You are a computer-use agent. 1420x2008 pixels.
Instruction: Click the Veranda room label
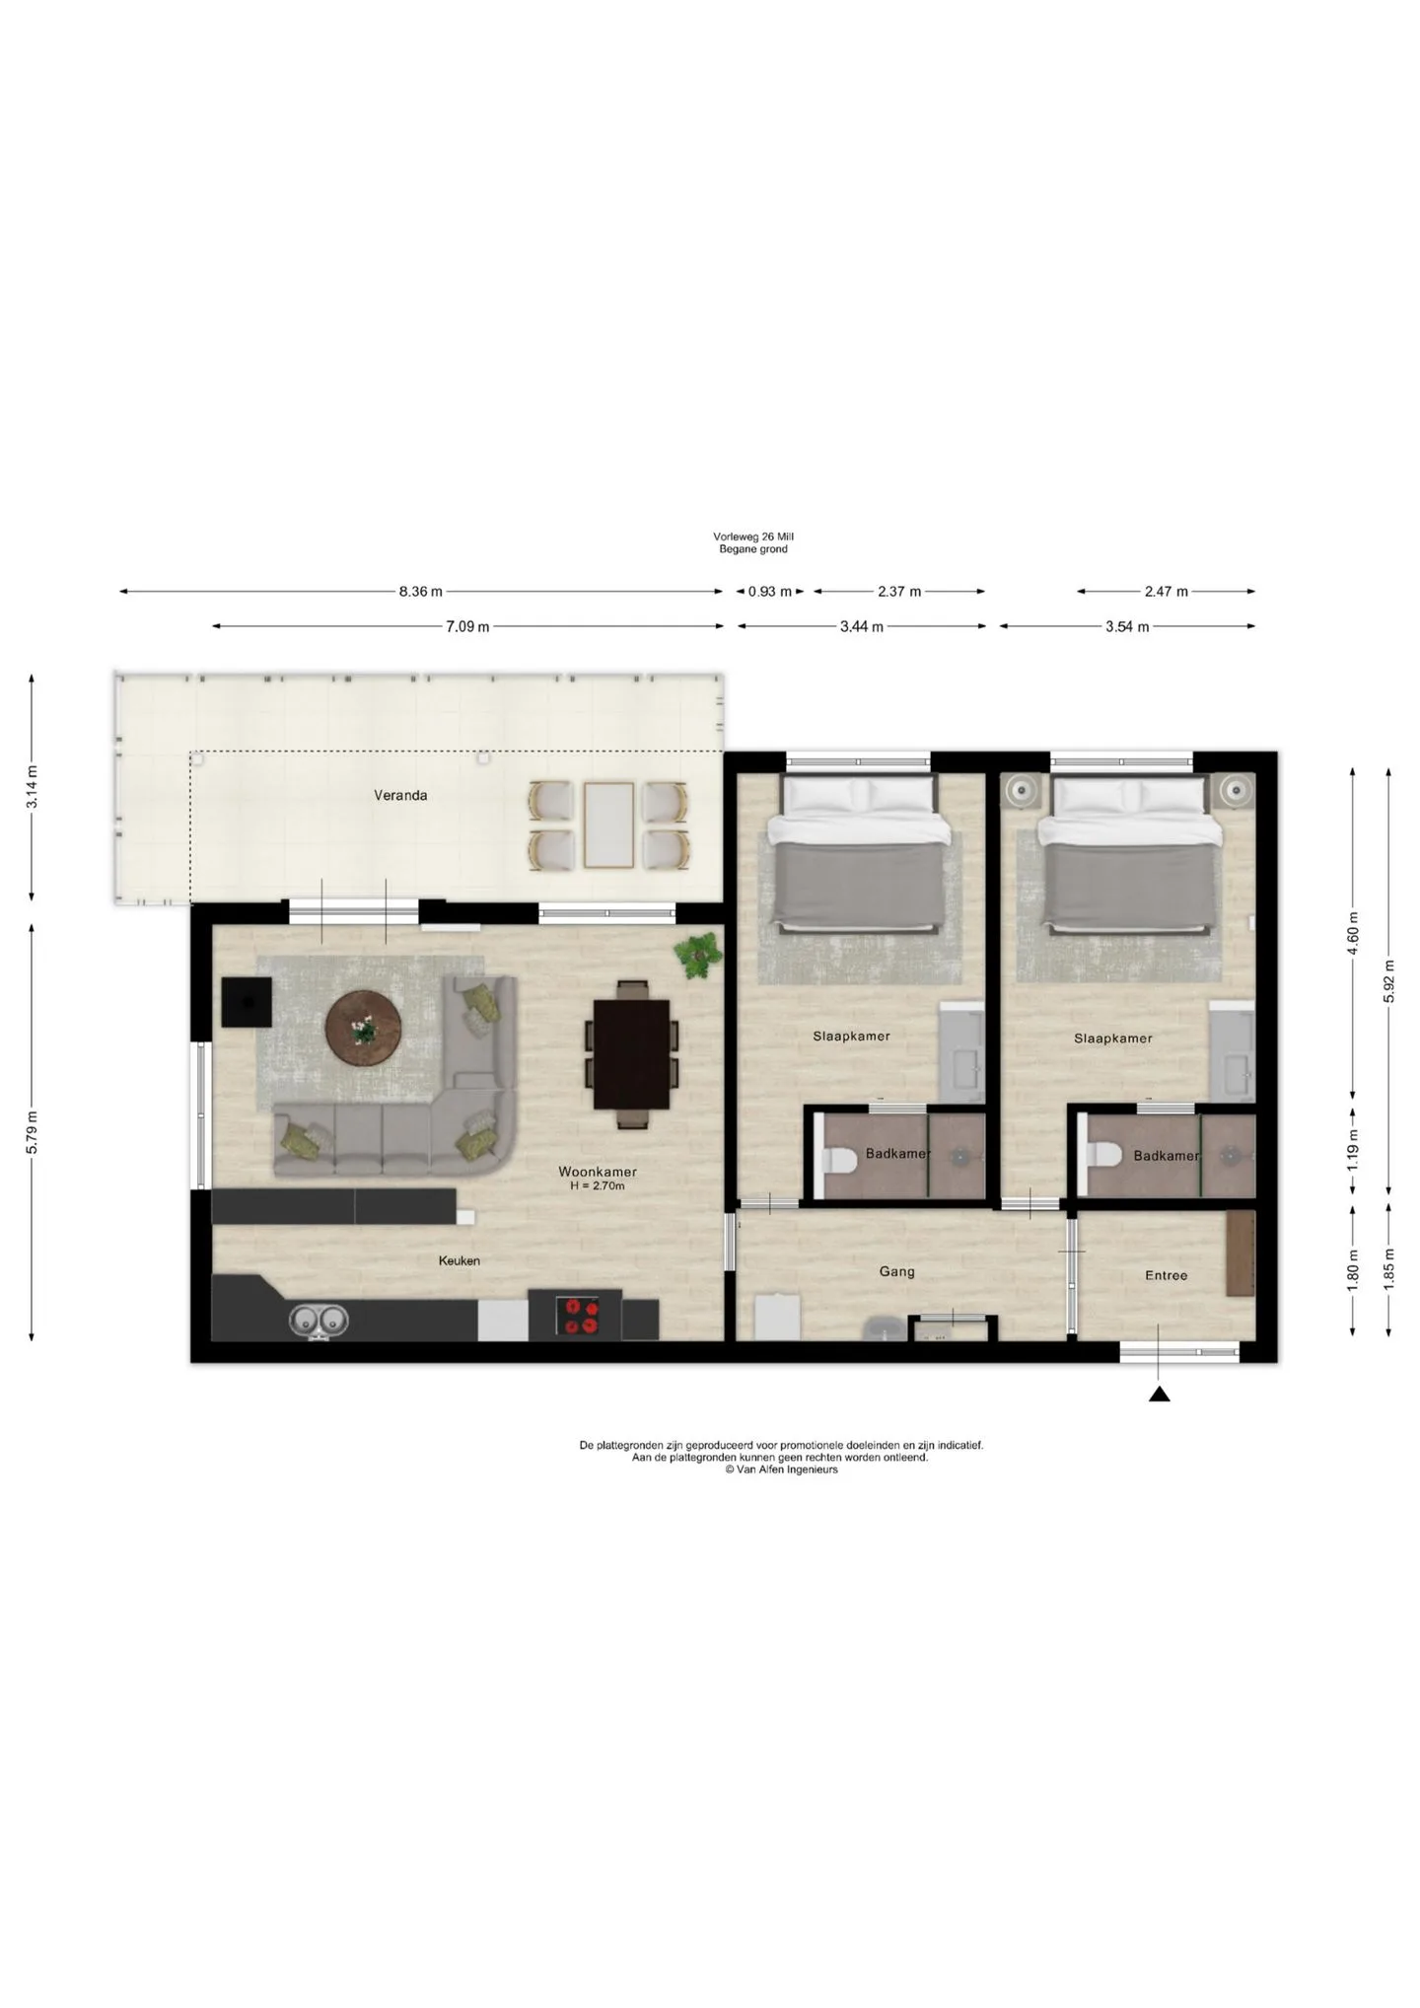(x=400, y=795)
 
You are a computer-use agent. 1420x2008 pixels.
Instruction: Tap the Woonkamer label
(x=598, y=1172)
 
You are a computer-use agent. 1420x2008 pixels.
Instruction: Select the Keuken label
(x=460, y=1260)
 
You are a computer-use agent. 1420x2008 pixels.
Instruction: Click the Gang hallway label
(x=896, y=1272)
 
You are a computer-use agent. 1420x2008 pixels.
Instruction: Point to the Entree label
(x=1166, y=1275)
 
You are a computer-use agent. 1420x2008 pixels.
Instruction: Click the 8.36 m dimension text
(x=421, y=592)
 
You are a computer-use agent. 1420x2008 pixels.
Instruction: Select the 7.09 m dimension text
(x=467, y=626)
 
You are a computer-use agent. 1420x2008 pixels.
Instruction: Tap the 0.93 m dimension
(x=770, y=592)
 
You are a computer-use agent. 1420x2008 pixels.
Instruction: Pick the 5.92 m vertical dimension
(x=1389, y=981)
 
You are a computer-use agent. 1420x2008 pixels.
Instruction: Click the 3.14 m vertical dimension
(x=32, y=787)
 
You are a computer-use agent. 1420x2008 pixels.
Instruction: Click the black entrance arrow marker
(x=1160, y=1394)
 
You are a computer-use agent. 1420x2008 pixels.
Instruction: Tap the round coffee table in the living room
(x=364, y=1029)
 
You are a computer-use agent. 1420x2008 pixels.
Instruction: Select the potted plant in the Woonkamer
(x=698, y=956)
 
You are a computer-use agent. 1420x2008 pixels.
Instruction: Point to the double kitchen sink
(x=318, y=1321)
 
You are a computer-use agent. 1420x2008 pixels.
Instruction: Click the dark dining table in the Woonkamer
(x=632, y=1054)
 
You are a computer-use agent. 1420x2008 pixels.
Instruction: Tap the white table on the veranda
(x=608, y=825)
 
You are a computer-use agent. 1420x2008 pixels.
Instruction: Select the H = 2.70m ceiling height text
(x=598, y=1186)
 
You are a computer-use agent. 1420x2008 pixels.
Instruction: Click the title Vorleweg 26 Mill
(x=753, y=537)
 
